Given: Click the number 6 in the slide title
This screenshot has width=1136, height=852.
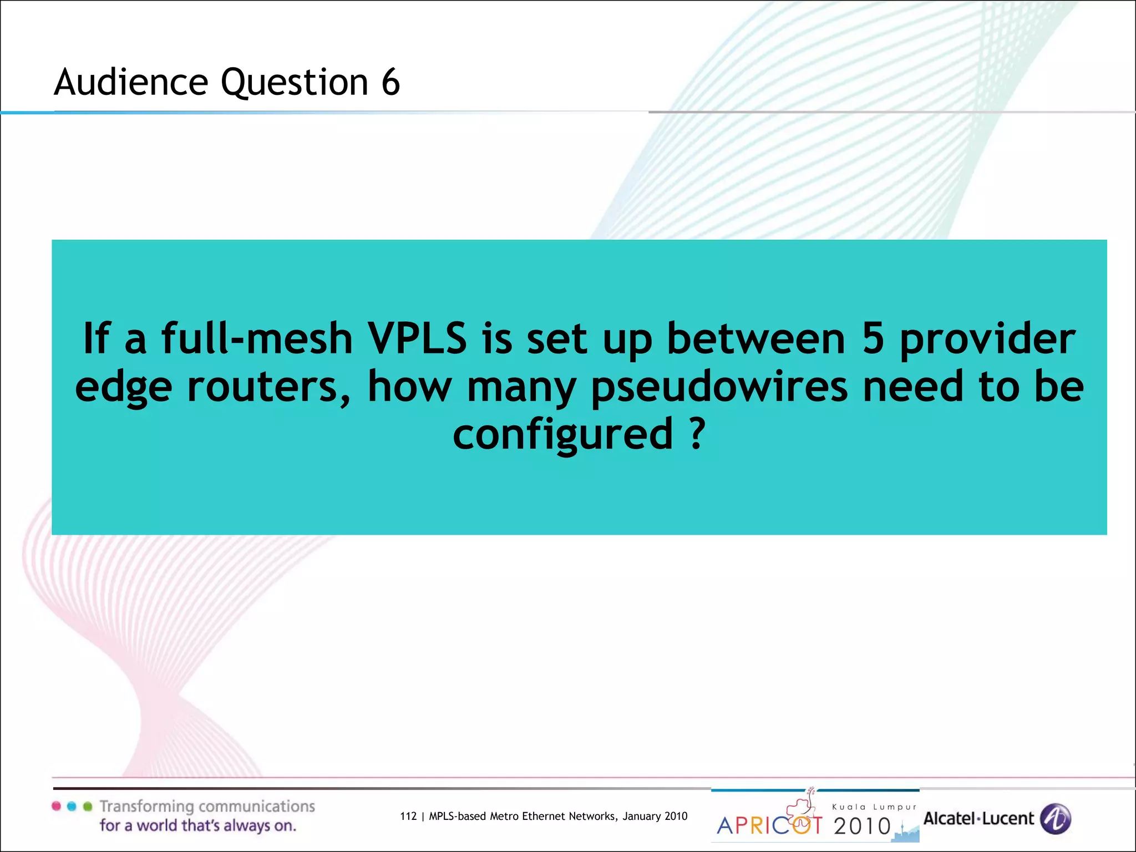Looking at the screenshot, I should [x=390, y=82].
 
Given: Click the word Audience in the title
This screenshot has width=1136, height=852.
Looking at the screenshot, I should [x=131, y=82].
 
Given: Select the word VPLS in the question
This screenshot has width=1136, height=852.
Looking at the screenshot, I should [x=418, y=338].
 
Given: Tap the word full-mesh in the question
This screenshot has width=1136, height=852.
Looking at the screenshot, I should [x=257, y=338].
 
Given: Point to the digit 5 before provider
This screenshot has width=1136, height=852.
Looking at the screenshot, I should [x=873, y=338].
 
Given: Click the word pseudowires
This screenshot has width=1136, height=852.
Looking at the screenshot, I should [x=719, y=387].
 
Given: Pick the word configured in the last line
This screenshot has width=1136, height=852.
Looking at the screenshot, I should [x=562, y=434].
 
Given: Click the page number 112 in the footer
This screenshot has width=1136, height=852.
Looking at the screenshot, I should [x=408, y=816].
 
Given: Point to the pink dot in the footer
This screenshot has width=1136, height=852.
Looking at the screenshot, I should [x=56, y=806].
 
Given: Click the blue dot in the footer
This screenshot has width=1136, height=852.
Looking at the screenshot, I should [x=72, y=806].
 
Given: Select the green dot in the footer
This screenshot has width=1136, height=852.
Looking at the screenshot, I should [x=87, y=806].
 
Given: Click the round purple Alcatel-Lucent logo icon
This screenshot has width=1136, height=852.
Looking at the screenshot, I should [x=1055, y=819].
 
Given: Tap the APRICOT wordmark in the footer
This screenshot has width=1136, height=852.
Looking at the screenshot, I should [x=769, y=825].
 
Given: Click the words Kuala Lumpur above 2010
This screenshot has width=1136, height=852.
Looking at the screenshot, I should [x=874, y=807].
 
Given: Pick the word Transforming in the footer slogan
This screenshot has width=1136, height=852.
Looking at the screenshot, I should [x=147, y=807].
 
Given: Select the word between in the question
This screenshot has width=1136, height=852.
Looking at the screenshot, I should [x=756, y=338].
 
